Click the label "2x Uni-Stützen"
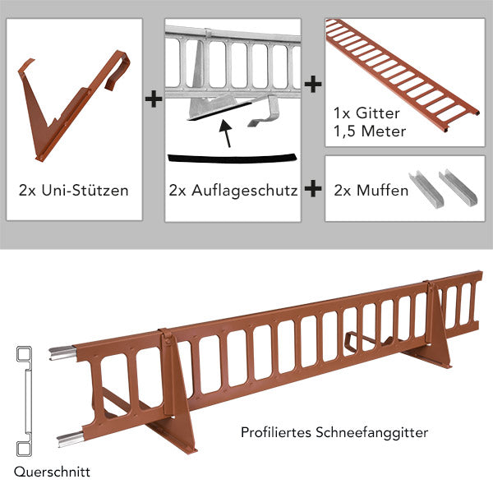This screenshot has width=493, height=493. coord(74,191)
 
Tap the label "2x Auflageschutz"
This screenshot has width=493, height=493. coord(233,191)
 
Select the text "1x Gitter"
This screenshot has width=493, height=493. coord(366,113)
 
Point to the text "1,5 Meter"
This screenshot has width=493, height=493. coord(370,131)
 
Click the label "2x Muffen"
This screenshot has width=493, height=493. coord(371,191)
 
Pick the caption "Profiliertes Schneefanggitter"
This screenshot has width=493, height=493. coord(334,433)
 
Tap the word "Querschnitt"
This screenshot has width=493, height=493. coord(52,472)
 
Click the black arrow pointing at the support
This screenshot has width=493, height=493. coord(227,133)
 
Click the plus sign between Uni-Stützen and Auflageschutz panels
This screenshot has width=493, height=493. coord(154,99)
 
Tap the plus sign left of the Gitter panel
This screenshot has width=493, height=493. coord(313,84)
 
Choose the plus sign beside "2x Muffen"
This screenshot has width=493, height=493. coord(313,189)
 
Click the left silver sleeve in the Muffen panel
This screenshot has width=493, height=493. coord(426,187)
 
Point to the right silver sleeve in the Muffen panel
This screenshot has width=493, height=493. coord(458,187)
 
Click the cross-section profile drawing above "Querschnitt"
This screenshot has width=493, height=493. coord(25,402)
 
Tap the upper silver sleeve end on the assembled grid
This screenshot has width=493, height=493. coord(62,352)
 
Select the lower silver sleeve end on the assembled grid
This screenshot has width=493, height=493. coord(71,439)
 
